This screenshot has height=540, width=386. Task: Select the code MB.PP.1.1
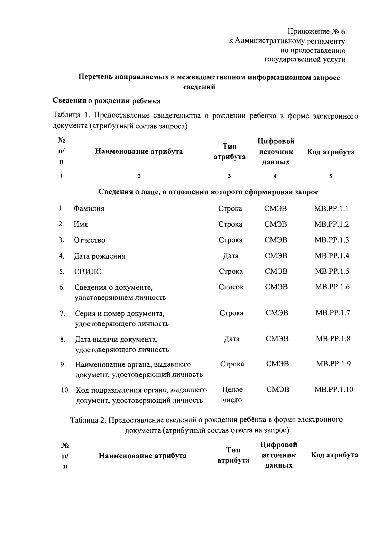(331, 208)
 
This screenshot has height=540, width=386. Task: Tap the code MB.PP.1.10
(334, 389)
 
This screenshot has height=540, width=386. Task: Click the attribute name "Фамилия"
(89, 208)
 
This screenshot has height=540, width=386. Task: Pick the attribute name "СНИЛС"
(88, 272)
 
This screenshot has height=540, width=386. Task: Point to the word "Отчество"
(89, 240)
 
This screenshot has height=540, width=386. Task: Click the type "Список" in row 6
(231, 287)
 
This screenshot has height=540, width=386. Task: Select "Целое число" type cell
(232, 395)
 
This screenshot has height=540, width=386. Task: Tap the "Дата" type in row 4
(231, 256)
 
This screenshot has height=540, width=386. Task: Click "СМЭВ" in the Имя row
(276, 224)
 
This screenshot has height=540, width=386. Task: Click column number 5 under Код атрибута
(331, 176)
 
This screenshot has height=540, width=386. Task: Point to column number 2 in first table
(139, 176)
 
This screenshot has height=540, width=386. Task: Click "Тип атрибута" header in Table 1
(230, 151)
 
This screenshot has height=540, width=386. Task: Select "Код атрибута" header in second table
(335, 455)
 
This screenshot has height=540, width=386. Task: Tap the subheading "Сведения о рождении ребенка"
(106, 101)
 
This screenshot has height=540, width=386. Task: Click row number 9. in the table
(63, 364)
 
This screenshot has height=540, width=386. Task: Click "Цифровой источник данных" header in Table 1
(276, 151)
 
